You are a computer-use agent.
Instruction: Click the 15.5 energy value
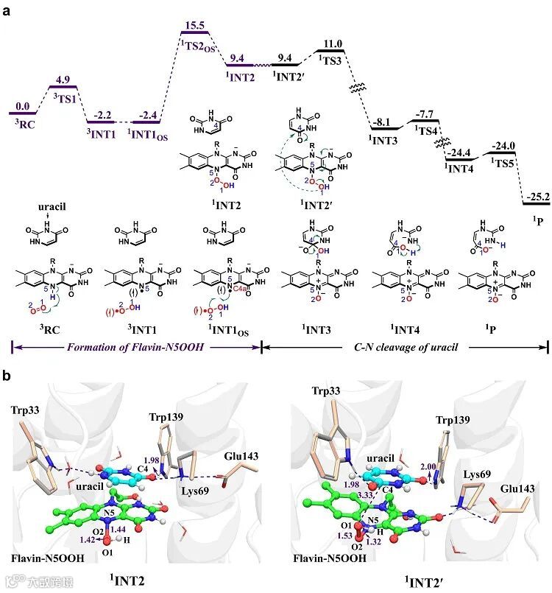[x=194, y=25]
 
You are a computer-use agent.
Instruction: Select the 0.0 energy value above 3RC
[x=24, y=106]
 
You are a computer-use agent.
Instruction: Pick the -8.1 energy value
[x=383, y=123]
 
